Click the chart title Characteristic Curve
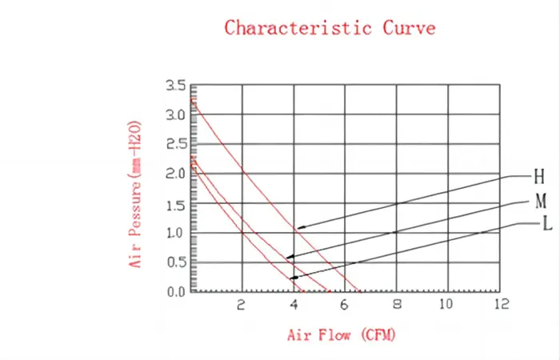click(x=330, y=28)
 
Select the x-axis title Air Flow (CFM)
click(x=341, y=334)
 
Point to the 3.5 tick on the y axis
click(x=175, y=86)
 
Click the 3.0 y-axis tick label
click(x=175, y=115)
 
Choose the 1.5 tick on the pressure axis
click(x=175, y=205)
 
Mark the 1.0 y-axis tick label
click(x=175, y=234)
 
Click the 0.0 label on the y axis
click(x=175, y=292)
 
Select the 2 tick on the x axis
click(x=242, y=305)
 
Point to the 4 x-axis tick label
click(x=294, y=305)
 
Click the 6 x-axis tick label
click(x=345, y=305)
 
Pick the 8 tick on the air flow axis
click(x=396, y=305)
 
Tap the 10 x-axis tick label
click(x=446, y=305)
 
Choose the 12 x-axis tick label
click(x=501, y=305)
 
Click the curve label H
click(x=539, y=175)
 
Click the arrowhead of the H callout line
click(x=298, y=229)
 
